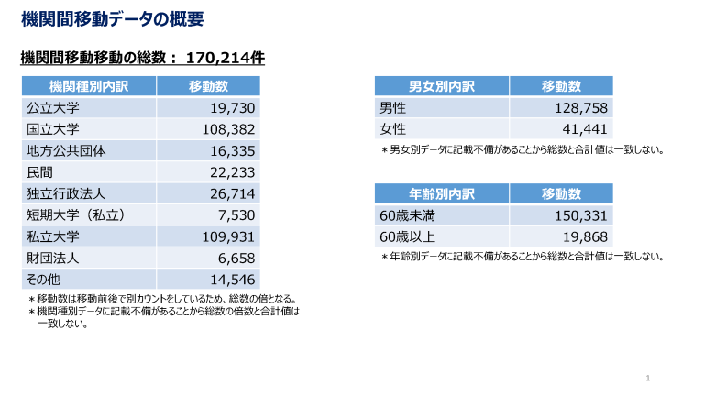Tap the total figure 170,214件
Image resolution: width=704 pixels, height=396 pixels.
click(225, 59)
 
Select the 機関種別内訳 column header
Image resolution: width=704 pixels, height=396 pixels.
click(89, 86)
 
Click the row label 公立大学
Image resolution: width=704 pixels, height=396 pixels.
click(53, 108)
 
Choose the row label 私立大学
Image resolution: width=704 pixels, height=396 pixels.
click(53, 236)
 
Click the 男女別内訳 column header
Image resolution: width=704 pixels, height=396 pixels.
click(441, 86)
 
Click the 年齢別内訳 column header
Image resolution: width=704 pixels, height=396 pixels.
click(441, 194)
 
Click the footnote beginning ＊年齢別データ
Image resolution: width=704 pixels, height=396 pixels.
click(522, 257)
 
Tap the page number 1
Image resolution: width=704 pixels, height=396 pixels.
click(647, 378)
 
